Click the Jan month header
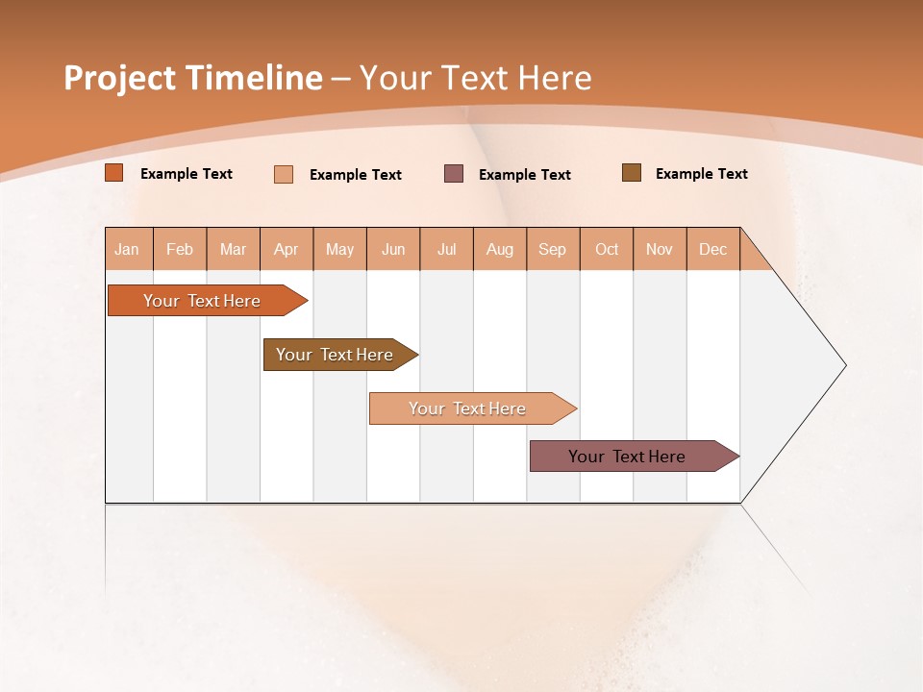pos(128,249)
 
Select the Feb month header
pos(180,249)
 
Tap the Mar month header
pos(233,249)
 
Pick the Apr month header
pos(287,249)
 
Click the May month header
pos(339,249)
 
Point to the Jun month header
pos(393,249)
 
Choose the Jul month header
pos(446,249)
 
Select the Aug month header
pos(500,249)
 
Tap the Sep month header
pos(553,249)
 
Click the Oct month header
pos(607,249)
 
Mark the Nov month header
pos(660,249)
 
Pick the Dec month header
pos(713,249)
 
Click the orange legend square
pos(114,173)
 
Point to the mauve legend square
pos(454,174)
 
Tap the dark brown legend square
pos(632,173)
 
